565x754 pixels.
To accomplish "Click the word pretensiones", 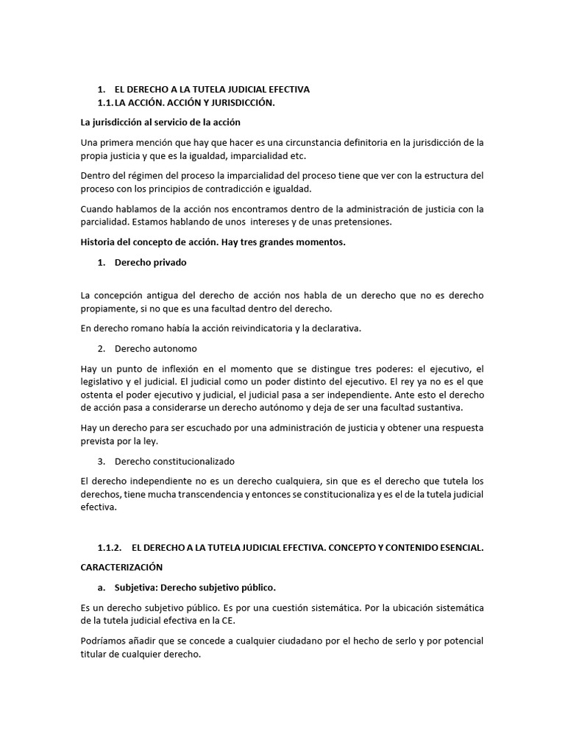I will click(356, 222).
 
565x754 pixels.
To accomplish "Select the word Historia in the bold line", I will click(97, 242).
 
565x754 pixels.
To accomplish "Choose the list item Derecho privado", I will click(151, 262).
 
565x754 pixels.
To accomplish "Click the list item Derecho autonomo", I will click(156, 348).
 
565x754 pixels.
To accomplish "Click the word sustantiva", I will click(458, 408).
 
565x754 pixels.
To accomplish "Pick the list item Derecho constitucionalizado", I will click(174, 461).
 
